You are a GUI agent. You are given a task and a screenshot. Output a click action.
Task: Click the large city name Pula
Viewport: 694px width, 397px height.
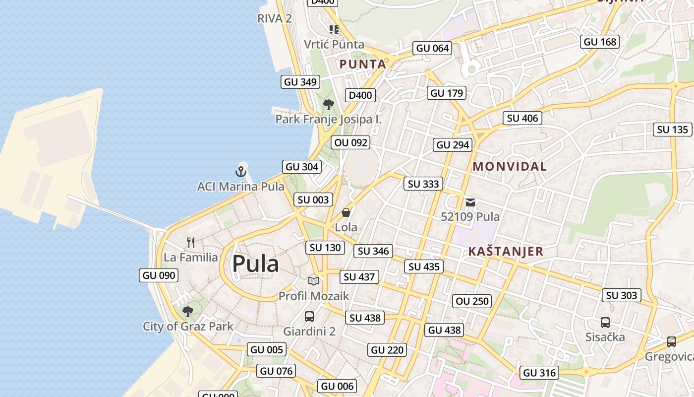point(255,264)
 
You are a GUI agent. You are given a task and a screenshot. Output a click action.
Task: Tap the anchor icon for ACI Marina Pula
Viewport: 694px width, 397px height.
point(240,172)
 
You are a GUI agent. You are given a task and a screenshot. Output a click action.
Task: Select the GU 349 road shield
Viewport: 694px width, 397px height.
point(300,82)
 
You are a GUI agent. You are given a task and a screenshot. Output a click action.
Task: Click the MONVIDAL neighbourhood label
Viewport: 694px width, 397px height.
point(510,167)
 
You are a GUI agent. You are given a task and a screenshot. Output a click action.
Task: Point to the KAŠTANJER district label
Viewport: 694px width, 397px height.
point(506,252)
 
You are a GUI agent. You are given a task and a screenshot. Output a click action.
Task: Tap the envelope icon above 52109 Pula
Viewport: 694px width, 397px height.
point(470,202)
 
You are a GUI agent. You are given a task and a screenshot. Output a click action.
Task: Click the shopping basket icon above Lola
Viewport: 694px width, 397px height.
point(346,213)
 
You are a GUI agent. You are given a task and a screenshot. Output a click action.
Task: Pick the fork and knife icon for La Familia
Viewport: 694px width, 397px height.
point(191,243)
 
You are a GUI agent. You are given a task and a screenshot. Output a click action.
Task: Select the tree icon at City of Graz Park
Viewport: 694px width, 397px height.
point(188,312)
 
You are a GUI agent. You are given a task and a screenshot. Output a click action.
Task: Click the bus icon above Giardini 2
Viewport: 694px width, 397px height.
point(309,316)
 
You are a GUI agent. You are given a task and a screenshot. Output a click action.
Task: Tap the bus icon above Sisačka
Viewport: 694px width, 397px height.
point(605,323)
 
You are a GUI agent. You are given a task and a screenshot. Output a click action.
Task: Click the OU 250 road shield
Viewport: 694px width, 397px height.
point(472,301)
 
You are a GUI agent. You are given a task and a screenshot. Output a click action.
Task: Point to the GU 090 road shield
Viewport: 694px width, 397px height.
point(159,275)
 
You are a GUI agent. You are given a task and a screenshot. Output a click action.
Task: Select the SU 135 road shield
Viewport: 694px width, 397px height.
point(673,130)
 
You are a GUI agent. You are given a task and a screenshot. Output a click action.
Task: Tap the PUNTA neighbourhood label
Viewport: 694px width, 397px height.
point(363,64)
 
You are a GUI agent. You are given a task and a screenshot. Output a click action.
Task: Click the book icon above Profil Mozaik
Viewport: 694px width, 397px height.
point(314,281)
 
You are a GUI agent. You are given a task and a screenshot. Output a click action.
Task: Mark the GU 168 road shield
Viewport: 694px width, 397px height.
point(600,42)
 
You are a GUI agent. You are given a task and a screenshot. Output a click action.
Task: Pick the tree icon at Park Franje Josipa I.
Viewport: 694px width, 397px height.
point(328,105)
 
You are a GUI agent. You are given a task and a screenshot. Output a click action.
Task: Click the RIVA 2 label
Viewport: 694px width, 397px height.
point(275,19)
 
